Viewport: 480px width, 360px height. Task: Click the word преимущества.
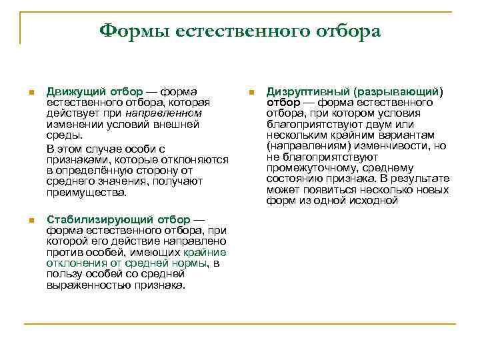tap(86, 193)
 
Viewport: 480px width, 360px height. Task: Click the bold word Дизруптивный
tap(307, 91)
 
